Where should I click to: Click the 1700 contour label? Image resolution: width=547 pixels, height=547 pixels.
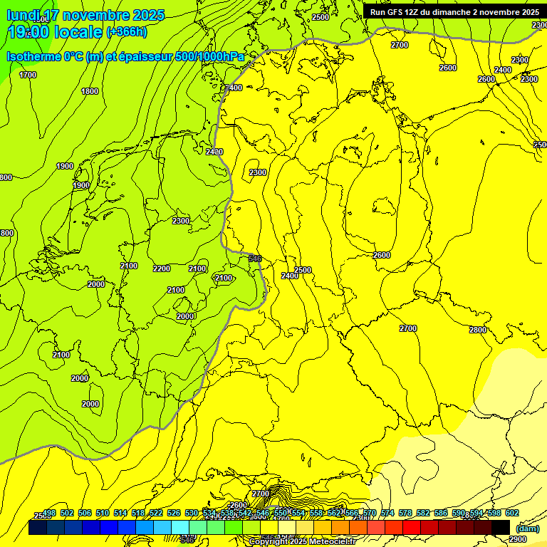coord(28,75)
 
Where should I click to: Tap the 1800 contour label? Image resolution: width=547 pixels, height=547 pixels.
coord(90,91)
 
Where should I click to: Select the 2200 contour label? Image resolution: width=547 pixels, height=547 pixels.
coord(162,269)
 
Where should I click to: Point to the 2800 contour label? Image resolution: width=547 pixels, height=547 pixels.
coord(478,330)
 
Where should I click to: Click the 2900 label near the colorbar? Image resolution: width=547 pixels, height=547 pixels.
coord(518,540)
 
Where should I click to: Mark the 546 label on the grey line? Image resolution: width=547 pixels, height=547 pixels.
coord(255,258)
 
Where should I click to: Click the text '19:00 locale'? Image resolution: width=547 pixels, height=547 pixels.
coord(54,31)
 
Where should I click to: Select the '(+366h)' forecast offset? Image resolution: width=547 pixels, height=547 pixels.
coord(126,31)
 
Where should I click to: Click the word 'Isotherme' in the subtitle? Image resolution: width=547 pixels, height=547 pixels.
coord(33,56)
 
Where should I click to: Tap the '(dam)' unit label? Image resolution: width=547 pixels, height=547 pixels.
coord(527,528)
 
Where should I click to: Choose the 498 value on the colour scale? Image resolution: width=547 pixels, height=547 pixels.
coord(49,514)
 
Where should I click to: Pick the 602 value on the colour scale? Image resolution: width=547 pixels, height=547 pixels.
coord(512,514)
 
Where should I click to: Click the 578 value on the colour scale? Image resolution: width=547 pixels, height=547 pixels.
coord(405,514)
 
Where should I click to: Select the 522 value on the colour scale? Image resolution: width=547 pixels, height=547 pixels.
coord(156,514)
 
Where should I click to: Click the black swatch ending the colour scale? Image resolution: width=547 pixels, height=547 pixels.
coord(501,528)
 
